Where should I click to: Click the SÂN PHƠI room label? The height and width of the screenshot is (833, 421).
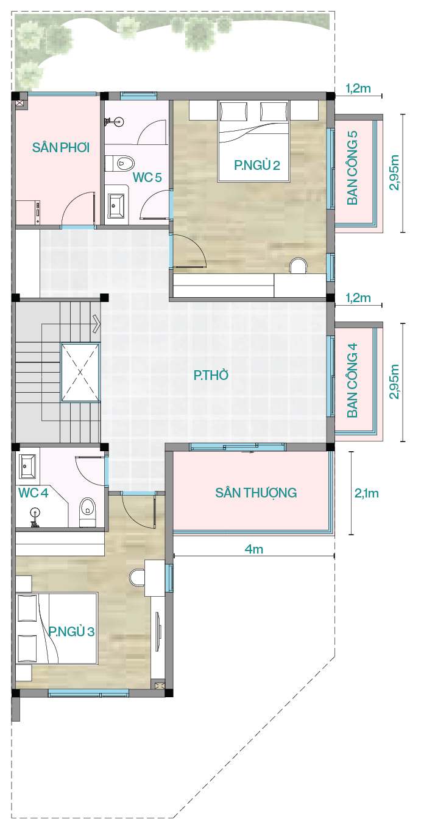point(61,147)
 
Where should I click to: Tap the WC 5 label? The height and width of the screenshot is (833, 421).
point(147,177)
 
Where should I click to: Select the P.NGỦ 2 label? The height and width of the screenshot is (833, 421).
point(257,165)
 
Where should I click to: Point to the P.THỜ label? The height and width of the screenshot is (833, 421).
point(211,375)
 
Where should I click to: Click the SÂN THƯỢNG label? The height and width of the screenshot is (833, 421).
point(256,493)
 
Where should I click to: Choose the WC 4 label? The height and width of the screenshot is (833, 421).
point(33,493)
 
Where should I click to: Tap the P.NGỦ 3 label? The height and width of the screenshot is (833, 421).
point(71,631)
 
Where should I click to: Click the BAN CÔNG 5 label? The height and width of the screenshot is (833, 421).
point(352,167)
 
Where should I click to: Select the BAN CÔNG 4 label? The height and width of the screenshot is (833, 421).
point(352,380)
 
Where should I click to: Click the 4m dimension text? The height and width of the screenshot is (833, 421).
point(254,549)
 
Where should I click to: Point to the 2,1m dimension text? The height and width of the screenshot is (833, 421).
point(366,493)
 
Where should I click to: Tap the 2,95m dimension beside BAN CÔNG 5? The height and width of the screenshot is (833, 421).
point(394,172)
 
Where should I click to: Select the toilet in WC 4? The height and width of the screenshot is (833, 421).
point(88,512)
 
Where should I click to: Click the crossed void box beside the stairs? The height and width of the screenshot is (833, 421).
point(80,372)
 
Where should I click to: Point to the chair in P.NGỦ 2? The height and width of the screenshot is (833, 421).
point(299,265)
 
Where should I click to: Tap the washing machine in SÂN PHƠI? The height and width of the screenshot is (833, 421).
point(28,213)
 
